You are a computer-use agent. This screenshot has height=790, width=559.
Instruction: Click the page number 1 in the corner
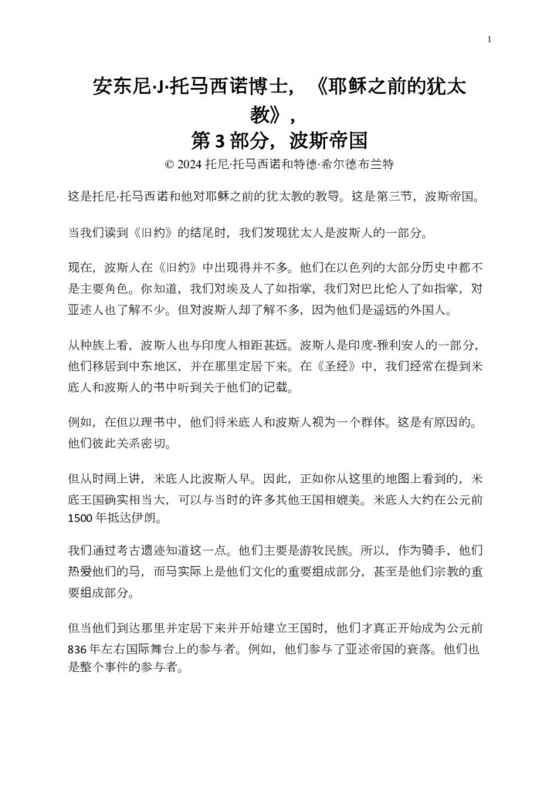click(x=490, y=39)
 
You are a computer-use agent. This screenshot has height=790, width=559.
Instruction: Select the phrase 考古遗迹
click(x=137, y=552)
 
